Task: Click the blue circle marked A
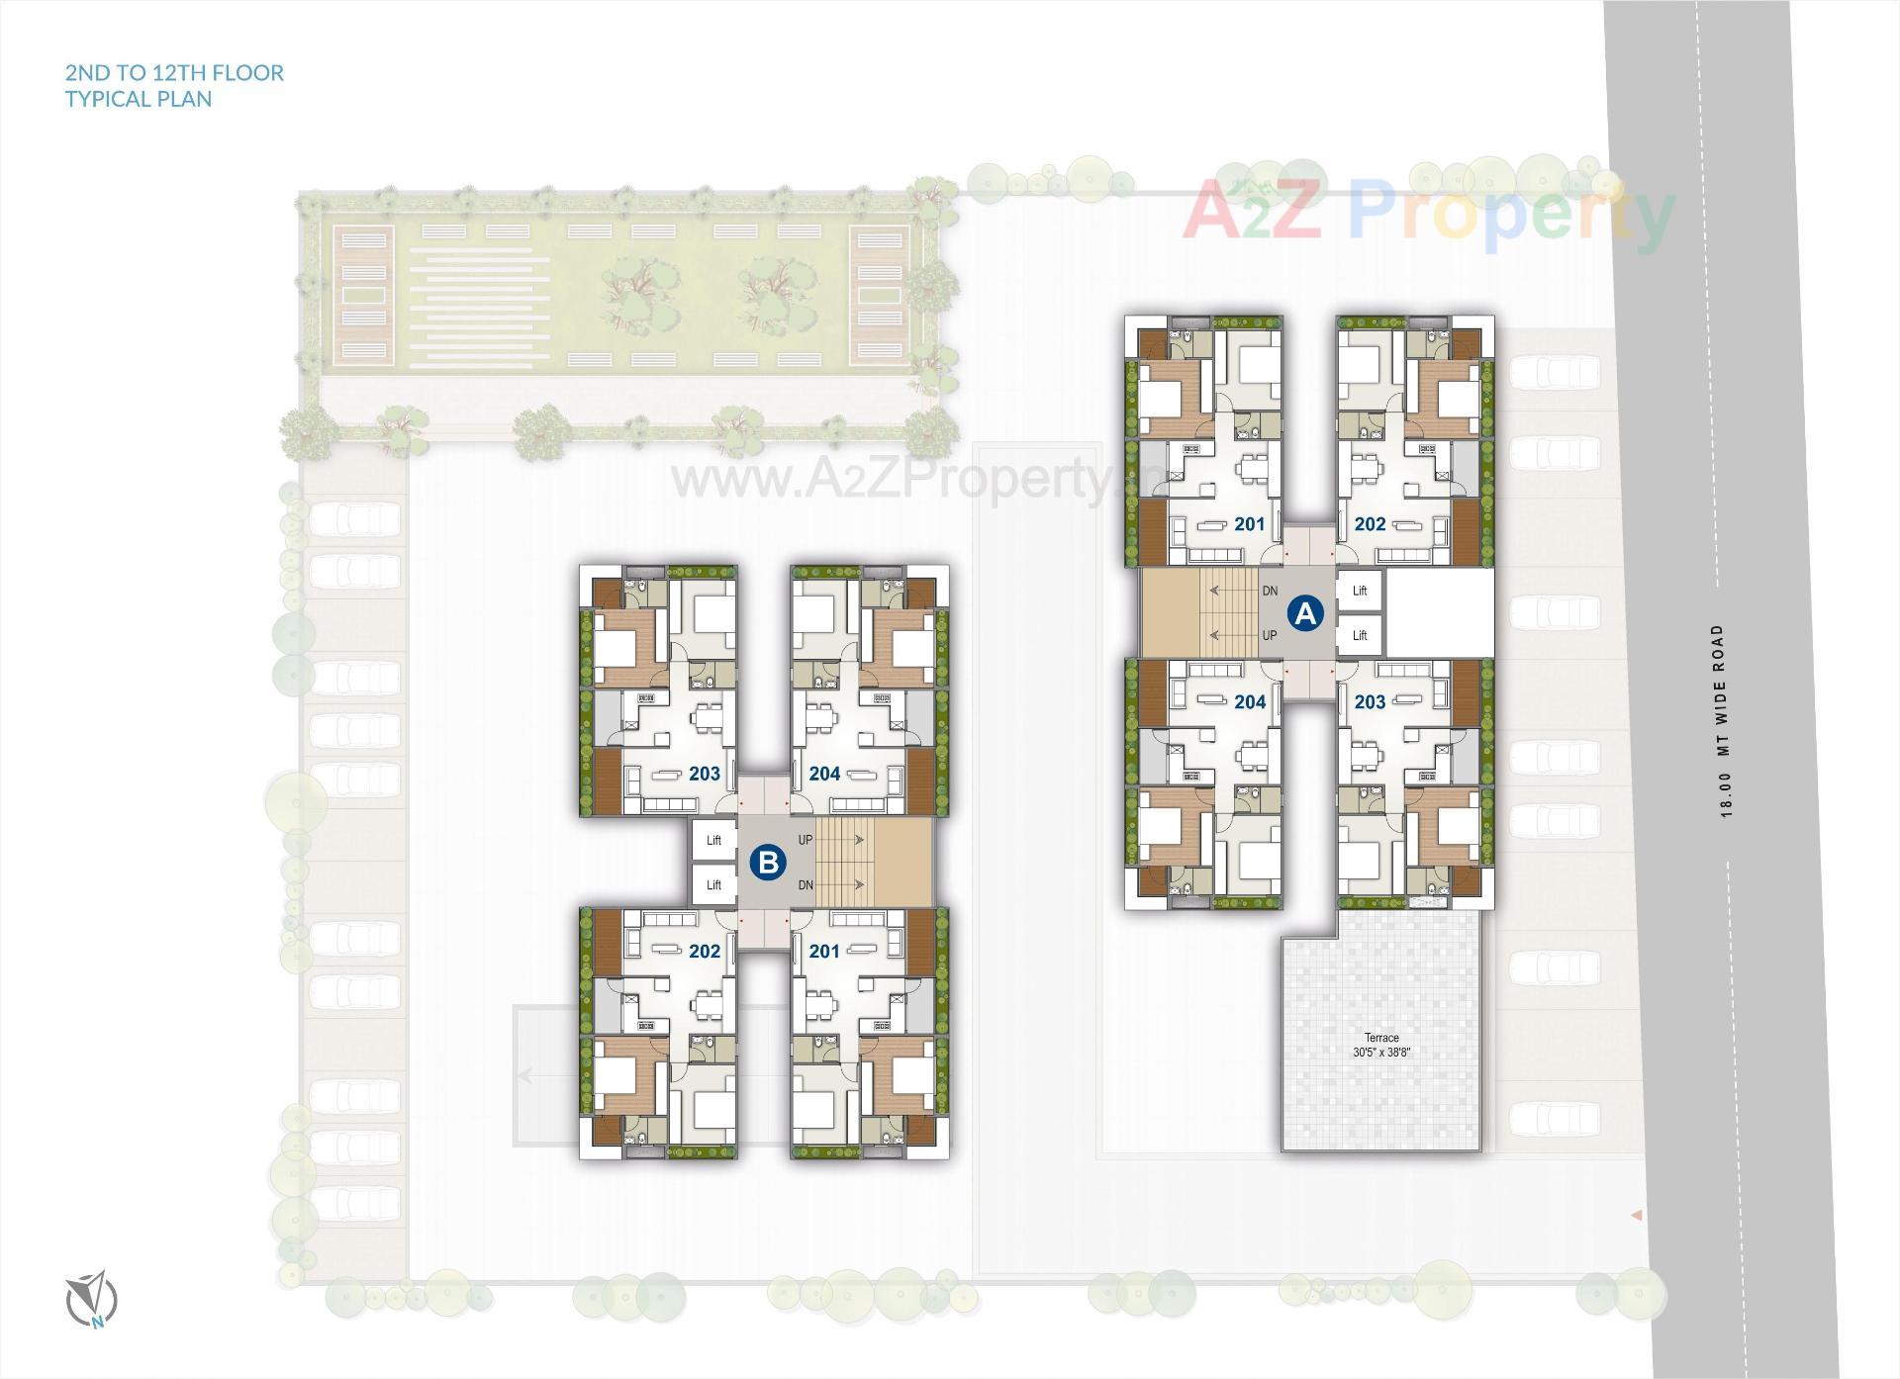(1305, 613)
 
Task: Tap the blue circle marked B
(767, 862)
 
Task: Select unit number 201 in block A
(1250, 524)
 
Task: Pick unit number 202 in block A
(1370, 524)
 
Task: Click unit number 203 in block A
(1370, 701)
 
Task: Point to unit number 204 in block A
(1250, 701)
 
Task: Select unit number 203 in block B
(705, 774)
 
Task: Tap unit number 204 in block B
(824, 774)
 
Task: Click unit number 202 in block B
(705, 951)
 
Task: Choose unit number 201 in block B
(824, 951)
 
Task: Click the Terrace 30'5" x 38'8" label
(1381, 1046)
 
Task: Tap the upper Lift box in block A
(1360, 591)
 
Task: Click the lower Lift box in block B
(713, 885)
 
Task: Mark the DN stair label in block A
(1270, 592)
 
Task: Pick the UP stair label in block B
(806, 840)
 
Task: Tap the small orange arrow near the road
(1637, 1214)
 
